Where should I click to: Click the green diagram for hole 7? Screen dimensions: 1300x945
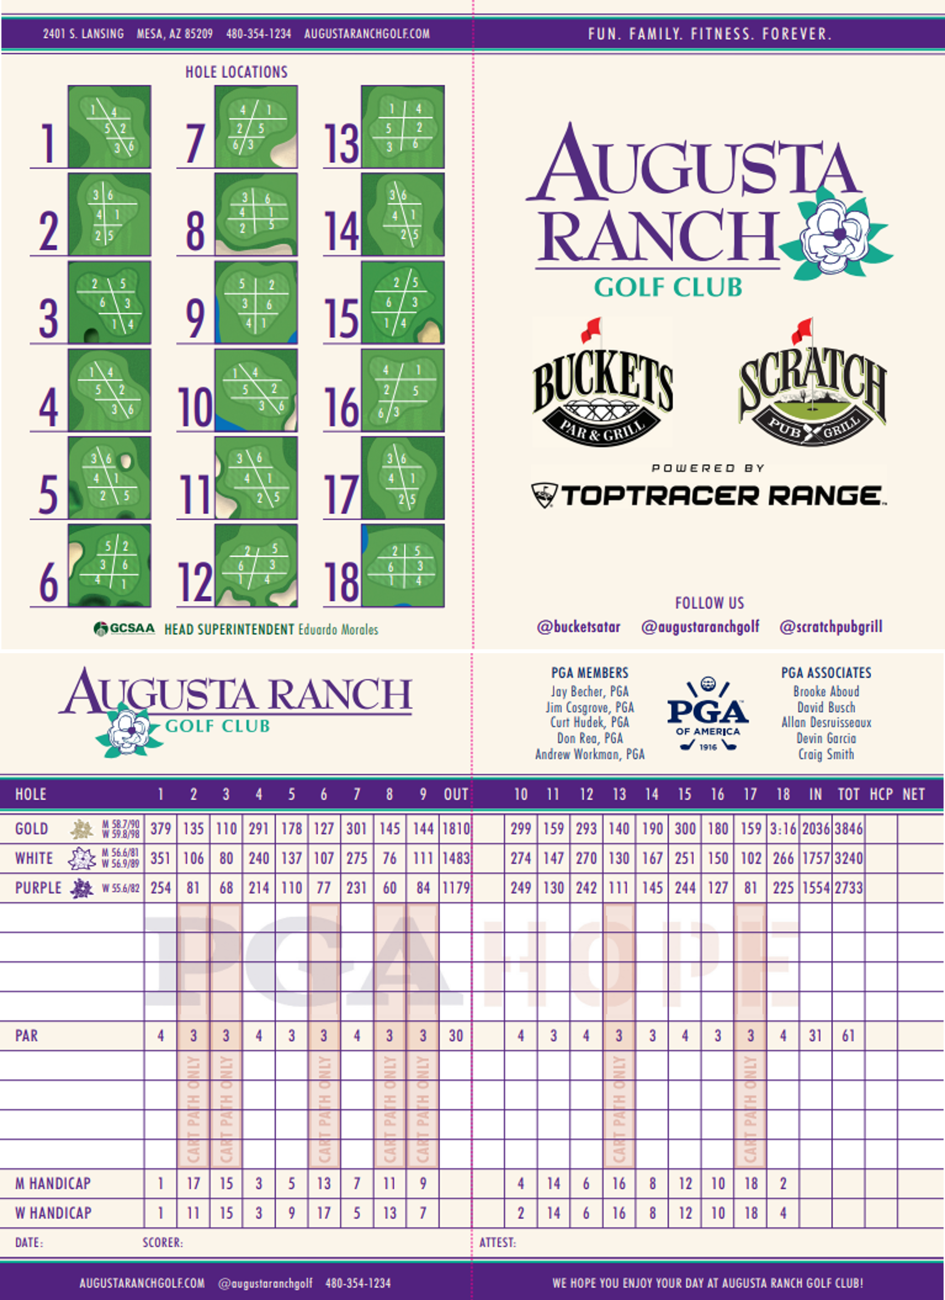(256, 127)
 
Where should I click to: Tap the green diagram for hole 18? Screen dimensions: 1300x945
(403, 565)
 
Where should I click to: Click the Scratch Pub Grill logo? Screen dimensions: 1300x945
(812, 384)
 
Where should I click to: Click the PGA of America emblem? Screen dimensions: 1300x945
(708, 714)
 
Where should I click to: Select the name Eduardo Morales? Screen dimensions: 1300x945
(338, 629)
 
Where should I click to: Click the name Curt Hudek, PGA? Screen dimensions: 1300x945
(590, 722)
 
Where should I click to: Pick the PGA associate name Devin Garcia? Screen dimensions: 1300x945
(826, 738)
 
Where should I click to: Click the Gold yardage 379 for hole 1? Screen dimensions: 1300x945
(160, 829)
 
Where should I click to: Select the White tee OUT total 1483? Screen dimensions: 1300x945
(456, 858)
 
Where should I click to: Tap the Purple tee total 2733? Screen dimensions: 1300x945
(849, 888)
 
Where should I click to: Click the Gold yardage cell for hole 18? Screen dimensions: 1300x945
(783, 829)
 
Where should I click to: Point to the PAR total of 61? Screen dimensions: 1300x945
(848, 1035)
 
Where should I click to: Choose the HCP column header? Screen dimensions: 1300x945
(881, 794)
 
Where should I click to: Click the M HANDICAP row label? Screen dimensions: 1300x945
(53, 1183)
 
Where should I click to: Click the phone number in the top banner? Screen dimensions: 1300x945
(258, 34)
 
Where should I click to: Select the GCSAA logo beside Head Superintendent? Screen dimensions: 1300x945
(124, 629)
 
